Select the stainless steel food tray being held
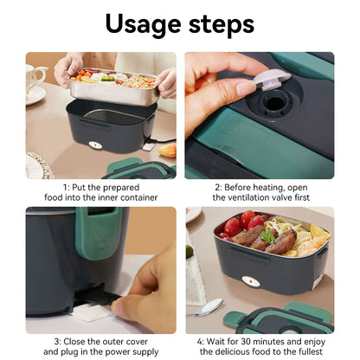tap(112, 87)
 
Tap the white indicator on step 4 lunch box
tap(251, 281)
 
